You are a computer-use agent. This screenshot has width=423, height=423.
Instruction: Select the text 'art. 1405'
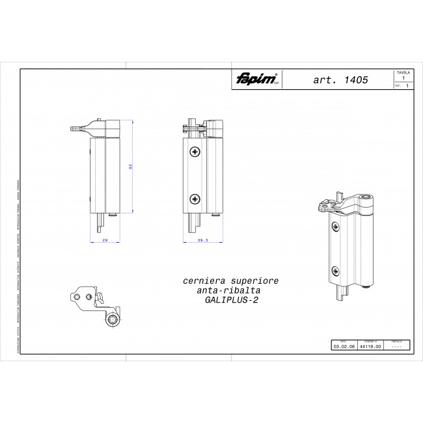click(341, 80)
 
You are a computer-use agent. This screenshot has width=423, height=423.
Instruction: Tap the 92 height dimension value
click(131, 167)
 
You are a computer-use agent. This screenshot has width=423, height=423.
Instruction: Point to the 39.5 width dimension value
click(202, 240)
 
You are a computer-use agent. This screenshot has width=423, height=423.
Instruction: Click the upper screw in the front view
click(195, 152)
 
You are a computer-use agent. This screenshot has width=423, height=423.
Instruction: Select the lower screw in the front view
click(195, 198)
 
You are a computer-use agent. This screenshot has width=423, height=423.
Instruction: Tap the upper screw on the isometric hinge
click(335, 226)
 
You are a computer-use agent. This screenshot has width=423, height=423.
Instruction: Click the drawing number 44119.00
click(369, 347)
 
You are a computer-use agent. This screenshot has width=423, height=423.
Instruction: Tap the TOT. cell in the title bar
click(398, 85)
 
